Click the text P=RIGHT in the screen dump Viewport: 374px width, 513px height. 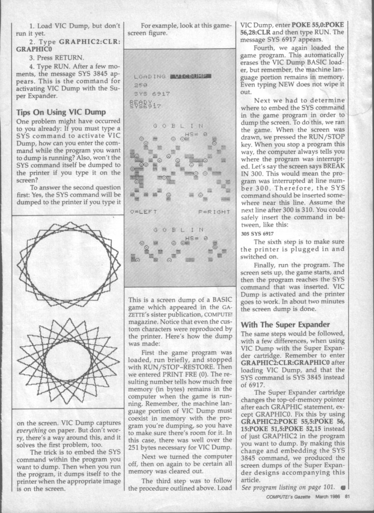tap(214, 212)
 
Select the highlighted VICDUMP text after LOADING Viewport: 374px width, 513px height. tap(192, 76)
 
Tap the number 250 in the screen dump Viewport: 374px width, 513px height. tap(140, 85)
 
